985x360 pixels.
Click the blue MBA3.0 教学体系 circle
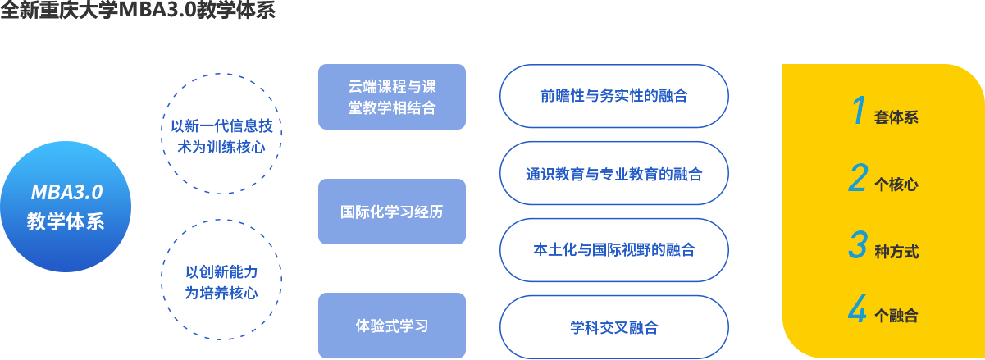point(66,207)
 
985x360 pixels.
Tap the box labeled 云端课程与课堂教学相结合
point(392,97)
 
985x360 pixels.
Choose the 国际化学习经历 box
point(392,212)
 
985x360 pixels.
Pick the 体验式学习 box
point(392,326)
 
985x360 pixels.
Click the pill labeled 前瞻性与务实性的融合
point(613,96)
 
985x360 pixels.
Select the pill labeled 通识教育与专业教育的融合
point(613,174)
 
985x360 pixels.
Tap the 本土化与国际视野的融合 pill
point(613,249)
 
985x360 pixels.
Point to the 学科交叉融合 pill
point(613,327)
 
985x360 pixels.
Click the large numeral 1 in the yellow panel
point(859,111)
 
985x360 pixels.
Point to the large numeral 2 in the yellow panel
point(858,179)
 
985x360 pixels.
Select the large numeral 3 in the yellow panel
point(858,245)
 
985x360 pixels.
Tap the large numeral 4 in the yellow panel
point(858,311)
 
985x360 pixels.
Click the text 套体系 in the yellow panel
point(896,117)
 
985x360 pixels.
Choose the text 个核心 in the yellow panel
point(896,185)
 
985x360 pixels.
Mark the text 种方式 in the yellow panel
point(896,252)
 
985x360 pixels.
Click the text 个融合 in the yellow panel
point(896,316)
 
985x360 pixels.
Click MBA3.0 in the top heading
point(153,11)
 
